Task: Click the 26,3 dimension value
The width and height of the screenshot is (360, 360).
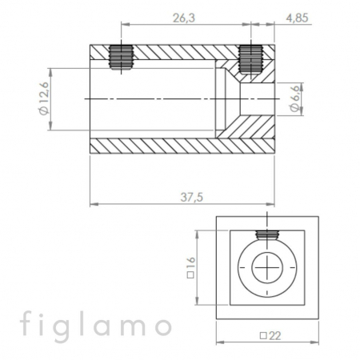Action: click(184, 18)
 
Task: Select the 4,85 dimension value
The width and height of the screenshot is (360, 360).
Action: click(297, 18)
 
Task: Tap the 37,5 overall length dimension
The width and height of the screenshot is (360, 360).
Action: click(192, 198)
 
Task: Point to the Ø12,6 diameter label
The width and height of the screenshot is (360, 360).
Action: click(44, 98)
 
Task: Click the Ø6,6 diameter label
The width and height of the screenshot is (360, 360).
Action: click(294, 99)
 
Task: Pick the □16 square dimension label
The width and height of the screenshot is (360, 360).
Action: click(191, 267)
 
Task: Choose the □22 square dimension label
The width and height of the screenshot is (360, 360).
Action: click(270, 336)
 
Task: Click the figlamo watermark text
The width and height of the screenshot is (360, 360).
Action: click(96, 326)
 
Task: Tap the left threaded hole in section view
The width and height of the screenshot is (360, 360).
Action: click(122, 57)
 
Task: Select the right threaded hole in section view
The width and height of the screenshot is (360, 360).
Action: click(250, 59)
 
